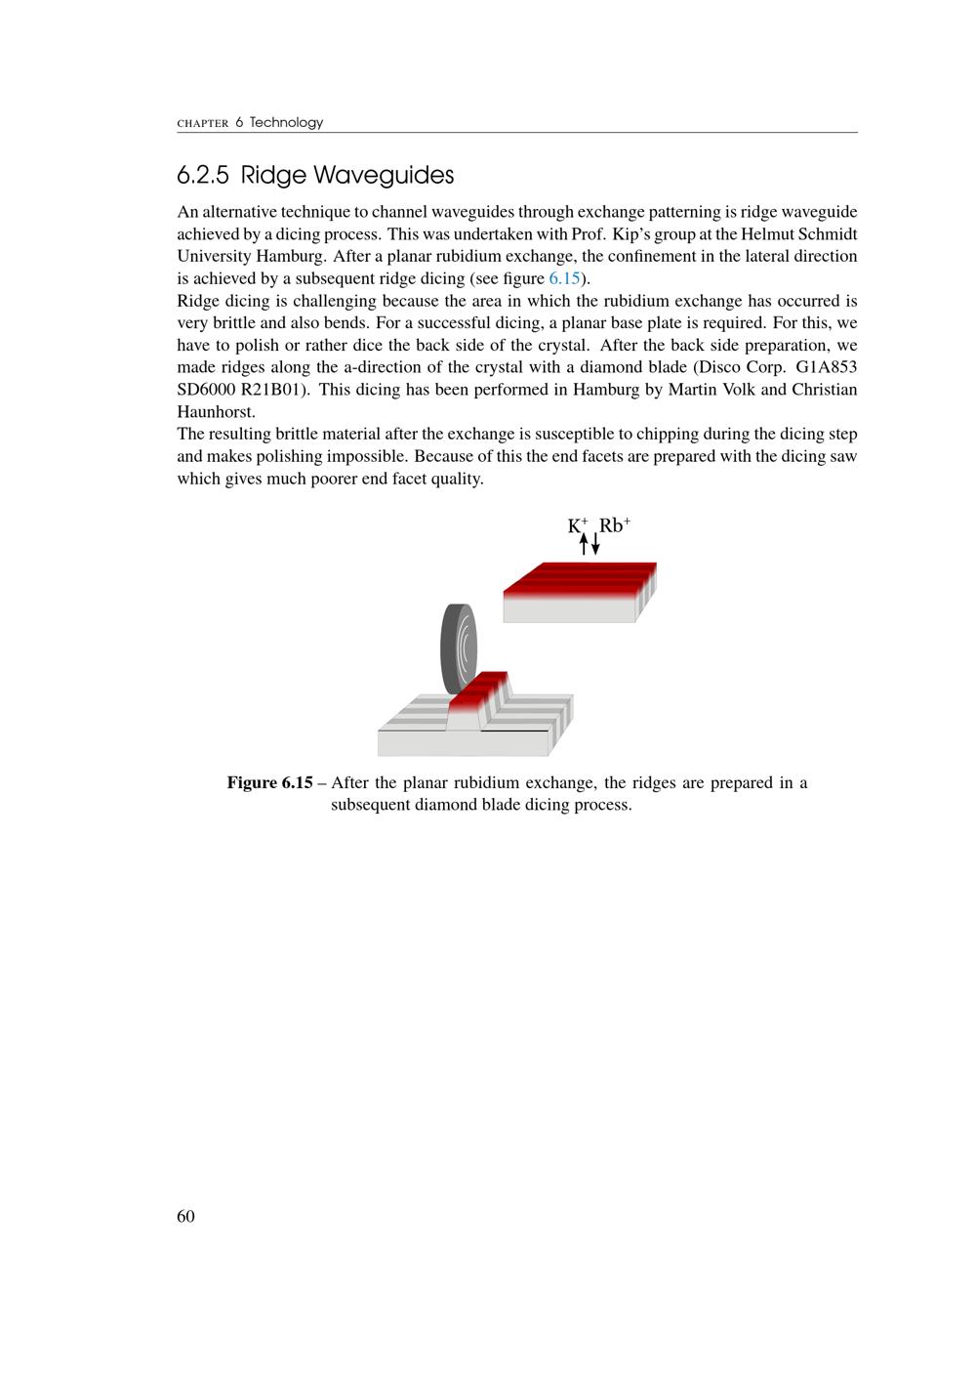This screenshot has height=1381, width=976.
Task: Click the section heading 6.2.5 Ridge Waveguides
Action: [x=315, y=176]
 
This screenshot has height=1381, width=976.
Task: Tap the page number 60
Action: [x=185, y=1216]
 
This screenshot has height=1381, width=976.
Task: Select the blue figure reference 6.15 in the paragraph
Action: [x=564, y=278]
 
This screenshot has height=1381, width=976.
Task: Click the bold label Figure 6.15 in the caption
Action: [x=269, y=783]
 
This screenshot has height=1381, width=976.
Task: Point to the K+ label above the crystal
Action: [x=578, y=525]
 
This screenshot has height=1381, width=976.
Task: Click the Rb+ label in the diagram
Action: [x=614, y=525]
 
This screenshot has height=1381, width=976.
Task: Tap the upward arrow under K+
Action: [x=584, y=544]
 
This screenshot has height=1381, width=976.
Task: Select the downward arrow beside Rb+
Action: [x=595, y=544]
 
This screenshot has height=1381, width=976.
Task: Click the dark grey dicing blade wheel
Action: [x=458, y=648]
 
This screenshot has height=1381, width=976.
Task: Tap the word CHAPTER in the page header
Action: [x=203, y=124]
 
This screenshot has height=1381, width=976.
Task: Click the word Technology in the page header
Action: [x=286, y=123]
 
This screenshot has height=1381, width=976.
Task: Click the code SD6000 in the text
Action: [x=206, y=390]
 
